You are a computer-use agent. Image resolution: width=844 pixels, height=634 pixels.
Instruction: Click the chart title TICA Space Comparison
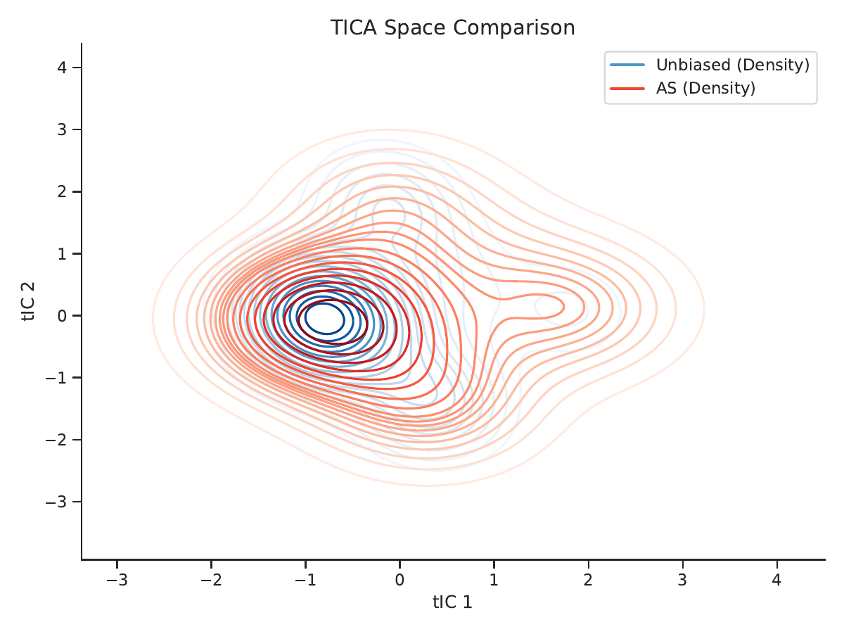click(452, 27)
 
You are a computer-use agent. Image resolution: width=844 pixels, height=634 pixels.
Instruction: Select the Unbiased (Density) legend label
click(733, 65)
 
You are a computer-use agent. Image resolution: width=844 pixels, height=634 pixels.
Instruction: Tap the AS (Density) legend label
click(705, 88)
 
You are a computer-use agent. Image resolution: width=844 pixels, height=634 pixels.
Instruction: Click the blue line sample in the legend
click(627, 65)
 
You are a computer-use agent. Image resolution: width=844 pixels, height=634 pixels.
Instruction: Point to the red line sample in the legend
click(627, 89)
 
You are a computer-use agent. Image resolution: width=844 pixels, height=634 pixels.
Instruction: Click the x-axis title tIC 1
click(452, 602)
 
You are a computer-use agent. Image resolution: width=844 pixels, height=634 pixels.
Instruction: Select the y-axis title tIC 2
click(28, 301)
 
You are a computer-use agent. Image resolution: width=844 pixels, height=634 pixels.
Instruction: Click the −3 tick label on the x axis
click(117, 580)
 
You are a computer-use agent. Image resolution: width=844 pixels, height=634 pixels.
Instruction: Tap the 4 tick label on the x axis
click(776, 580)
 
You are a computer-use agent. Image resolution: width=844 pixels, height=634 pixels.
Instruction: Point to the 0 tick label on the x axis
click(400, 580)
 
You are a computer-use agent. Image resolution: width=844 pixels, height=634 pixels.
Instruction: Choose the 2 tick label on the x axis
click(588, 580)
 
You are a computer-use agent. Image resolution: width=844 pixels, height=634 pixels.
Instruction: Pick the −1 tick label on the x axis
click(305, 580)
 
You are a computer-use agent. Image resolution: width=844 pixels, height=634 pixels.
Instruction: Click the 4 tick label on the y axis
click(62, 68)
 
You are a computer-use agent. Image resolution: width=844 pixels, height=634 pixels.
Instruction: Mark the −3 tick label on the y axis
click(56, 502)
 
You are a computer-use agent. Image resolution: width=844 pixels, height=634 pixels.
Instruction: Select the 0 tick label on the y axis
click(62, 316)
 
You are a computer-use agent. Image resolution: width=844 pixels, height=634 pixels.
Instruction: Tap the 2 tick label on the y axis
click(62, 191)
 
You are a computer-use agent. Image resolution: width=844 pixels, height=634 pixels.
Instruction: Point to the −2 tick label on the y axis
click(56, 440)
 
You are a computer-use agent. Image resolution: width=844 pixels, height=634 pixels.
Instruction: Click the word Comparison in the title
click(514, 28)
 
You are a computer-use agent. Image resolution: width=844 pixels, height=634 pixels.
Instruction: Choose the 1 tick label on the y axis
click(62, 254)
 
